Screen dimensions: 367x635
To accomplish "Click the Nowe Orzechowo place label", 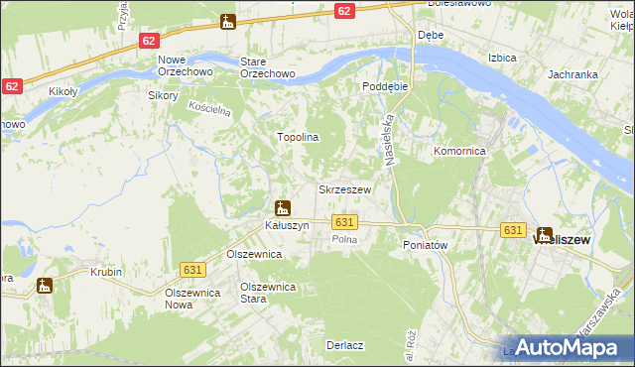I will [179, 67].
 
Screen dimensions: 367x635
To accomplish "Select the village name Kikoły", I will [65, 91].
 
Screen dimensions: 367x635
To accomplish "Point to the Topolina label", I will [297, 138].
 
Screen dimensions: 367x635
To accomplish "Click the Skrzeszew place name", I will [344, 189].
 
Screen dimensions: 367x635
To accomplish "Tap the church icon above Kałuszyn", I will [283, 208].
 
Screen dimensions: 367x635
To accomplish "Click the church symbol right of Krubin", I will [45, 287].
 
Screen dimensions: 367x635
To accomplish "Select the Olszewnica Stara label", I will [269, 293].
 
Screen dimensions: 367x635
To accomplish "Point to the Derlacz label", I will [343, 345].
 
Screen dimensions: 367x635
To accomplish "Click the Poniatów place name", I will [427, 245].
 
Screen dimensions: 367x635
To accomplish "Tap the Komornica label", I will [458, 152].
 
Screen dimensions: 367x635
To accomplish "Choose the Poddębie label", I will [385, 86].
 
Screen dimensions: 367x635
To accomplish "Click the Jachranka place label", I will [571, 74].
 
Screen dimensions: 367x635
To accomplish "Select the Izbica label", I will [503, 58].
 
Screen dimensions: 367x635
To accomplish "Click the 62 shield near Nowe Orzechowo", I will [149, 41].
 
